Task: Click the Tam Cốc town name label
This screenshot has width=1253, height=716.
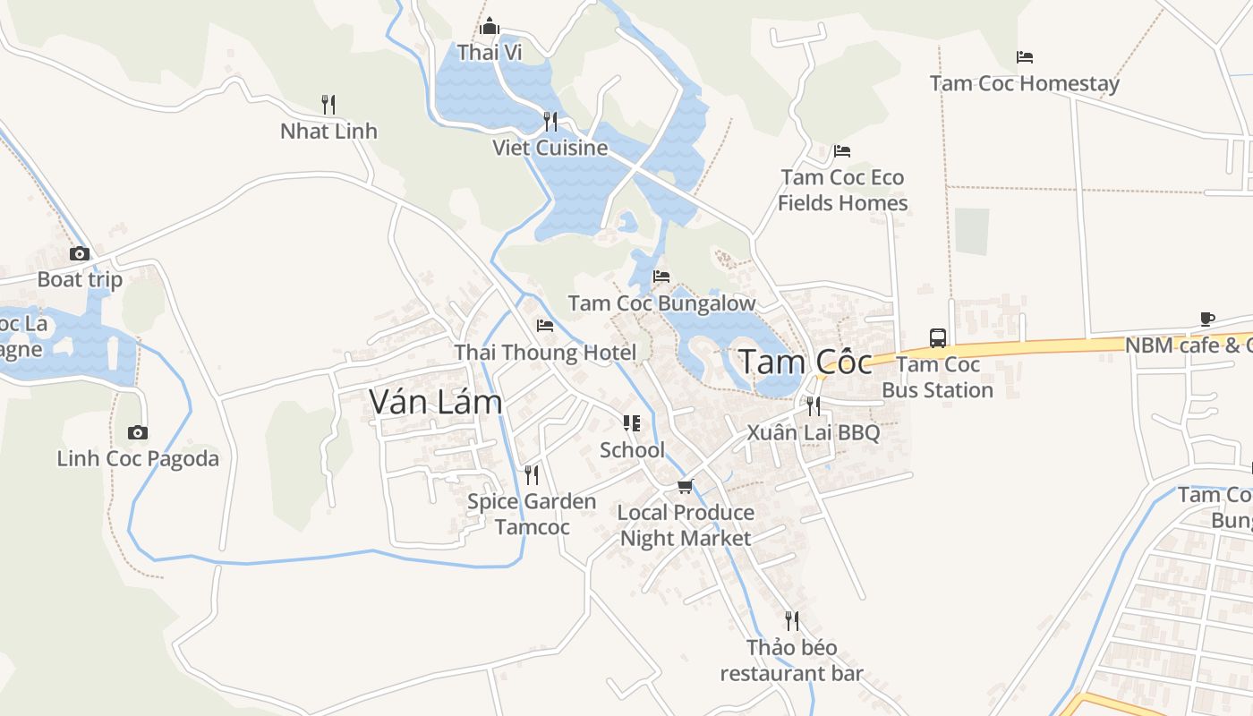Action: (805, 362)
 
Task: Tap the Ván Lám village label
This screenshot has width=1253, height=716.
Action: (436, 403)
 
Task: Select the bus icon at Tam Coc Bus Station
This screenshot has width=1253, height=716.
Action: (938, 338)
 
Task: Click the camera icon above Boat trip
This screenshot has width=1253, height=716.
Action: (80, 254)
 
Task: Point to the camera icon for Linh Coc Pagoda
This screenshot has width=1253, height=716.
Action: (137, 433)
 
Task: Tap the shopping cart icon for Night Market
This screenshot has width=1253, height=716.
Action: (685, 486)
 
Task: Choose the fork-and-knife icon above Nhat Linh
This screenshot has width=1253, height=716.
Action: (328, 105)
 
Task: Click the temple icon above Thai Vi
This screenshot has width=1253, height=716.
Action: (489, 26)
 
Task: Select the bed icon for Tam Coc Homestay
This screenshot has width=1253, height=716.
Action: (1025, 57)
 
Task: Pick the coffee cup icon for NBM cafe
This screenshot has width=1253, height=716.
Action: (1207, 319)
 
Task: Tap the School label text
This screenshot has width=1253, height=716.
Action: (632, 449)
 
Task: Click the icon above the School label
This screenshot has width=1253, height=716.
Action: (632, 423)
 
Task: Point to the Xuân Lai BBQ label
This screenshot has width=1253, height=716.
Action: (814, 433)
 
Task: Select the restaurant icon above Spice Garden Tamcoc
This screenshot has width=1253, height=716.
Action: (532, 474)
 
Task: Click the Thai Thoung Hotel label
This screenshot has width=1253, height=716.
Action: (545, 353)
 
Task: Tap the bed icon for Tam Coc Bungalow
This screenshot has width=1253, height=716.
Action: (661, 277)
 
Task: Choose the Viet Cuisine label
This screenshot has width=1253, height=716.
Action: (550, 148)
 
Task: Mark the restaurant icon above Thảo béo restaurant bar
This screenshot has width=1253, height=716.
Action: (791, 620)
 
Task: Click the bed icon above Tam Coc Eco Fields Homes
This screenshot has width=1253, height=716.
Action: (841, 150)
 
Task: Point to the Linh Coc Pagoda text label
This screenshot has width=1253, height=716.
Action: (138, 459)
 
